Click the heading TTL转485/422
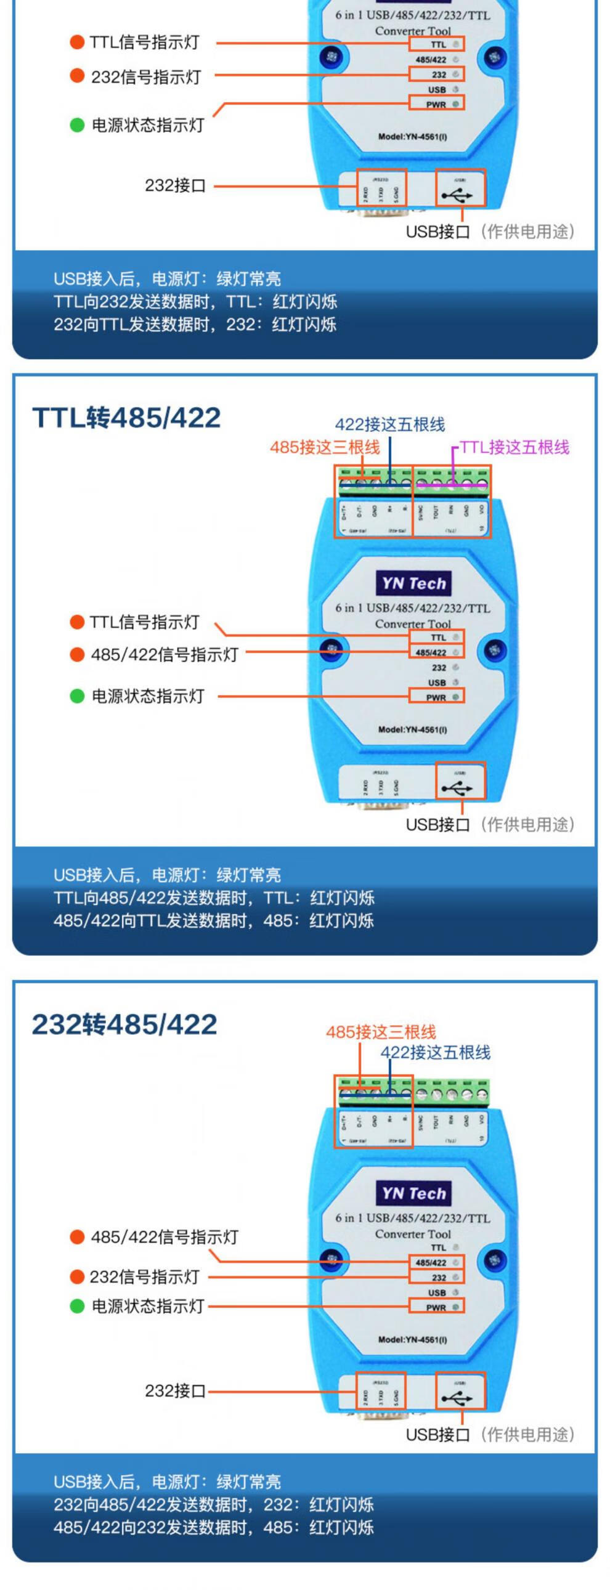click(x=126, y=418)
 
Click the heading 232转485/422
click(x=124, y=1024)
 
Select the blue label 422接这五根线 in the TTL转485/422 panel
click(x=389, y=424)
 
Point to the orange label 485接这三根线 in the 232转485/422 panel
click(x=381, y=1032)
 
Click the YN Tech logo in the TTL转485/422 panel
click(x=413, y=583)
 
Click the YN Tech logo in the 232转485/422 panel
click(x=413, y=1193)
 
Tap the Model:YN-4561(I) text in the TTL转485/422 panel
click(x=412, y=729)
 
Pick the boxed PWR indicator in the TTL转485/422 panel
click(x=436, y=697)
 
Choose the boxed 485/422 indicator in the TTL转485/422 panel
click(x=436, y=652)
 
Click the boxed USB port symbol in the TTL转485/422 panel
click(x=460, y=781)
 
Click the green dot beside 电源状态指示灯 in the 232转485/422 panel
click(x=77, y=1306)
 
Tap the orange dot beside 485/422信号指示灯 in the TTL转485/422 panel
click(x=77, y=654)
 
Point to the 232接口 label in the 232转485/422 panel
click(x=176, y=1390)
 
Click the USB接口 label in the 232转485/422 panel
click(x=437, y=1435)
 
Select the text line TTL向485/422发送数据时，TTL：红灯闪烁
click(x=214, y=898)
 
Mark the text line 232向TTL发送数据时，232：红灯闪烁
click(x=195, y=325)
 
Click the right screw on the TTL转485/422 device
click(x=495, y=649)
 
